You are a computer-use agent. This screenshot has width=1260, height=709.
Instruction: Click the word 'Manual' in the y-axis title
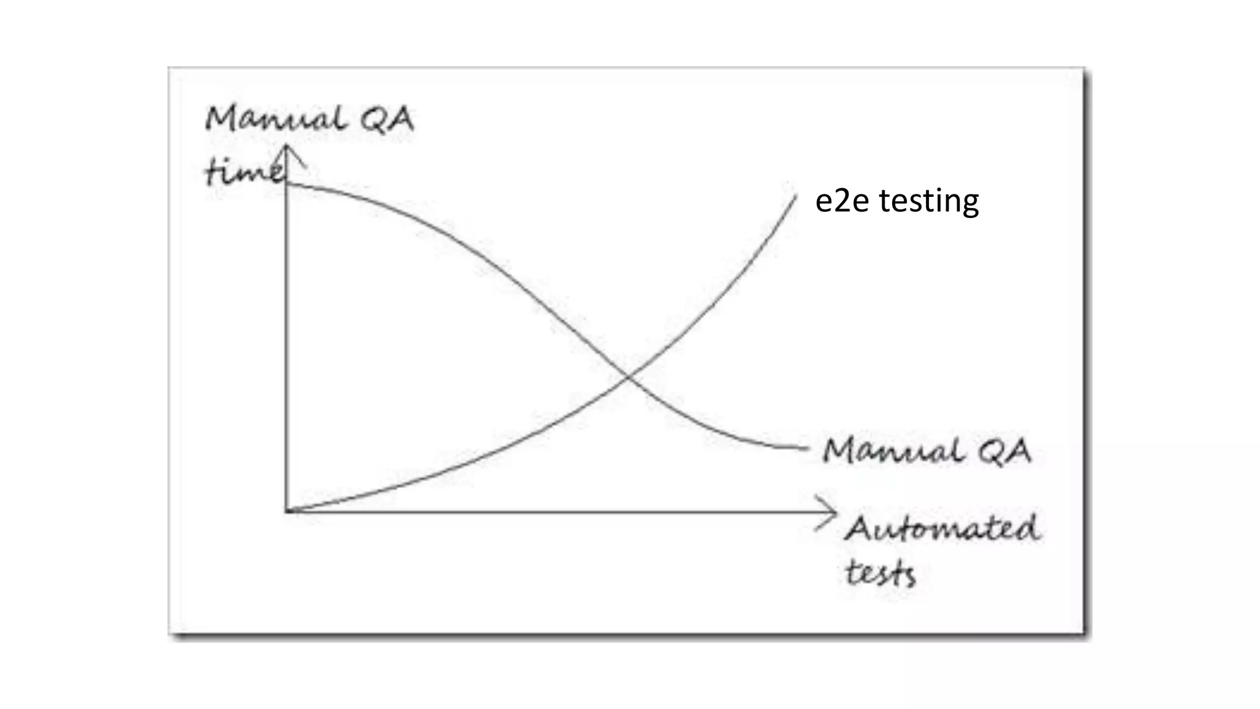275,119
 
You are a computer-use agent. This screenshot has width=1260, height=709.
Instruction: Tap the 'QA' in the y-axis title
387,119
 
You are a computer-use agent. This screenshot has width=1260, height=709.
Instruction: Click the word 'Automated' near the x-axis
942,529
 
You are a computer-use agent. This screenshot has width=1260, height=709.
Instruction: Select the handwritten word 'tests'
880,574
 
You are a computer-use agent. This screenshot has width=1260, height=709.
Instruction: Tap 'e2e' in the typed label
842,201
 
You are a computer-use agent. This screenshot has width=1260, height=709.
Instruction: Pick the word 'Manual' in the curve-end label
893,451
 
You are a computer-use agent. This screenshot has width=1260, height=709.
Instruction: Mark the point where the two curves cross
627,374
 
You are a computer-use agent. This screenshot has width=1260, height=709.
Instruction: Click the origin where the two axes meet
287,511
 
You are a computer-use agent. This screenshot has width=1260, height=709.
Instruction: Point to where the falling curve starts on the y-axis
287,184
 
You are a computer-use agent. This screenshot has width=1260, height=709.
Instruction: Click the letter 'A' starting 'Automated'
859,529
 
